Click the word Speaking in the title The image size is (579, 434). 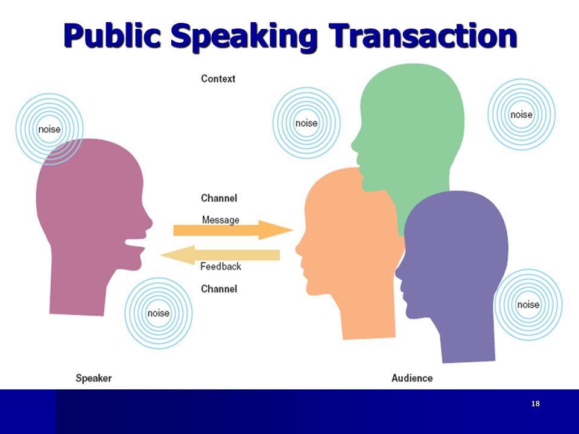244,36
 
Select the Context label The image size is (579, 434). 218,78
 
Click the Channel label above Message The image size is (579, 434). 218,198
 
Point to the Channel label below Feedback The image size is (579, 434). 218,289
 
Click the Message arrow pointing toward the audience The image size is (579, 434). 233,230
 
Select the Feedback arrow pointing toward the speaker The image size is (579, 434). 220,255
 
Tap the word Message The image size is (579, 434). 221,220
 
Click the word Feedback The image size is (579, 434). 221,266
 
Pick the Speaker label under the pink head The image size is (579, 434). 93,378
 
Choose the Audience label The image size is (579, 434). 412,378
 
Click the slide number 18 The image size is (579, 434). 536,404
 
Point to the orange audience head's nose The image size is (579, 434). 299,248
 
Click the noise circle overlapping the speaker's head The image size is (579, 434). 49,129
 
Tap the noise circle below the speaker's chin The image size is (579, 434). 159,313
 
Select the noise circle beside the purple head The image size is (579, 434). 528,305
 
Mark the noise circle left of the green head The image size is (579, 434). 306,123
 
